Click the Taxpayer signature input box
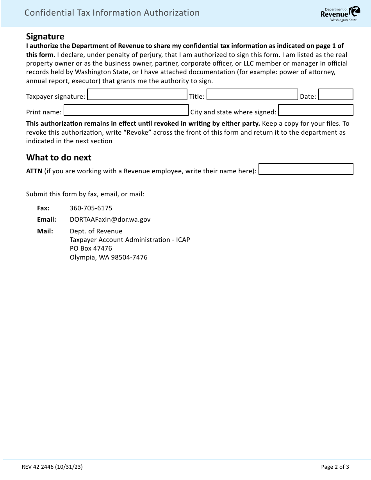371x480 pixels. tap(137, 95)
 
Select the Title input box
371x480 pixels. tap(252, 95)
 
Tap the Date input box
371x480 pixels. tap(335, 95)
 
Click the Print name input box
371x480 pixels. tap(126, 110)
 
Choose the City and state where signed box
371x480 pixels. tap(316, 110)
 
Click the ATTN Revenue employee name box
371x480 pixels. tap(306, 169)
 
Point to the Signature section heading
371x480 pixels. tap(45, 36)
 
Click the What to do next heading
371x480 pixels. tap(59, 157)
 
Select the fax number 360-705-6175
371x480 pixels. tap(91, 208)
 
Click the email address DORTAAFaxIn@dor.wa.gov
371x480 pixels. tap(110, 219)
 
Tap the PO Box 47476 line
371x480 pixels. tap(91, 248)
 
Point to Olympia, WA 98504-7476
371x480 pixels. tap(109, 257)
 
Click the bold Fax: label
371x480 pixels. tap(43, 208)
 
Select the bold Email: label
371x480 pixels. tap(46, 219)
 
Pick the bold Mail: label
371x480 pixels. tap(45, 231)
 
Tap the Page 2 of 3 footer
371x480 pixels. tap(335, 466)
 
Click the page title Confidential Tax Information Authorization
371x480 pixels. tap(112, 12)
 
